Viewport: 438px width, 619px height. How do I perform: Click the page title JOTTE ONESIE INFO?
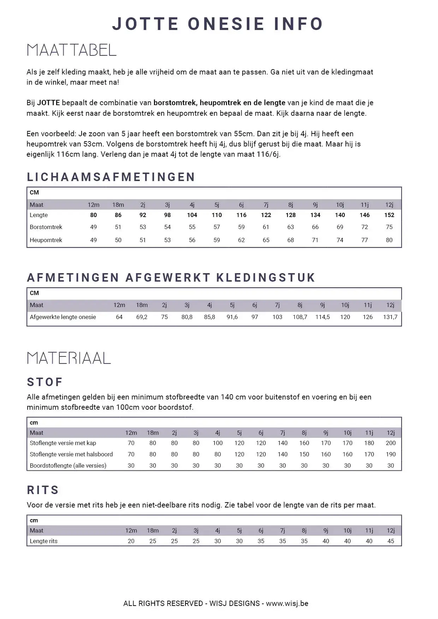218,24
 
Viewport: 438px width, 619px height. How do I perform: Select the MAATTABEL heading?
71,50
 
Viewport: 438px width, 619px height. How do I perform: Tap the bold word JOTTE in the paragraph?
48,103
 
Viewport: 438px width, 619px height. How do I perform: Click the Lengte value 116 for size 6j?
241,215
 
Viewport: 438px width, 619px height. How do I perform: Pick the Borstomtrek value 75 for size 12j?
389,227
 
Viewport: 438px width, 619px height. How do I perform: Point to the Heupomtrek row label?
46,240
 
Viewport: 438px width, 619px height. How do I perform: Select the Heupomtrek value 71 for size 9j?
315,240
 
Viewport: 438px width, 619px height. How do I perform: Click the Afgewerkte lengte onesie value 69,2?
142,317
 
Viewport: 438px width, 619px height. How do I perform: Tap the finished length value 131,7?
390,317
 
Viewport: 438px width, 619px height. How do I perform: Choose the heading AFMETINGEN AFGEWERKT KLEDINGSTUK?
171,278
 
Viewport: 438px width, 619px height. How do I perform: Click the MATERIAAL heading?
69,358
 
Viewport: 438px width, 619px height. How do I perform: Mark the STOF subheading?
45,382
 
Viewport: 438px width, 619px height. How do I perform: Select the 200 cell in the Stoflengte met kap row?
390,443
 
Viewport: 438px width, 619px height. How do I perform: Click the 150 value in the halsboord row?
304,454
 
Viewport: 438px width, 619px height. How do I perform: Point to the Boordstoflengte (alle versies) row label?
68,465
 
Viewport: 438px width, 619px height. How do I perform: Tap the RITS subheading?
43,490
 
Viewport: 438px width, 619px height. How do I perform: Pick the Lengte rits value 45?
390,541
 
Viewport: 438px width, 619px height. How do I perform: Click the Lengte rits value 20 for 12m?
131,541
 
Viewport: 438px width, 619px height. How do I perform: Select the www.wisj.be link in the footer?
287,603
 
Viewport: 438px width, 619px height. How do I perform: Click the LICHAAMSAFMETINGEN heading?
111,177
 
